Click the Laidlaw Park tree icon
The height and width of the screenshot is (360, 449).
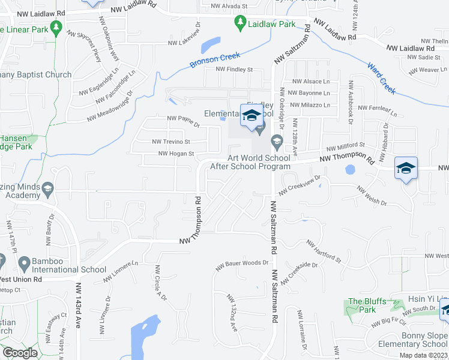point(240,23)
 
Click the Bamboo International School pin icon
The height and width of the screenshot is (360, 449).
point(24,263)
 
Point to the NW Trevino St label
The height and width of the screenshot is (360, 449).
point(171,142)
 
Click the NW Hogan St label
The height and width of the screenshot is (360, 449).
point(176,154)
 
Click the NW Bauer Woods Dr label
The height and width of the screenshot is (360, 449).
point(242,263)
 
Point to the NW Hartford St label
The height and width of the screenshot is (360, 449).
point(324,252)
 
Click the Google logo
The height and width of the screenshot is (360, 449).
point(19,353)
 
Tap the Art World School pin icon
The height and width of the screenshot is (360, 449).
point(277,142)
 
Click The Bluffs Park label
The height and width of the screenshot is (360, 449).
point(362,305)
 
